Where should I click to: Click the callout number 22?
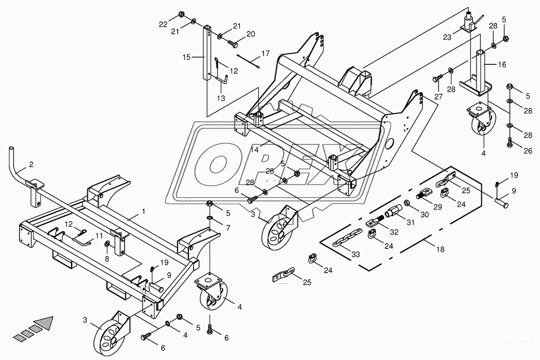click(163, 24)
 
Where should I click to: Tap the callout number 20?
click(250, 34)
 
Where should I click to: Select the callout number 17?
click(265, 53)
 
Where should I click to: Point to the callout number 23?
click(447, 37)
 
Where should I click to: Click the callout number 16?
click(502, 64)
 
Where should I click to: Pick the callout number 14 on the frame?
click(255, 149)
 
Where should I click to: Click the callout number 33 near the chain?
click(356, 254)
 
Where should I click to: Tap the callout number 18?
click(440, 249)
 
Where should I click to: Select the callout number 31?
click(410, 223)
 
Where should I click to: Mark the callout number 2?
click(31, 164)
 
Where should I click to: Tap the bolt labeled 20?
click(232, 43)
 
